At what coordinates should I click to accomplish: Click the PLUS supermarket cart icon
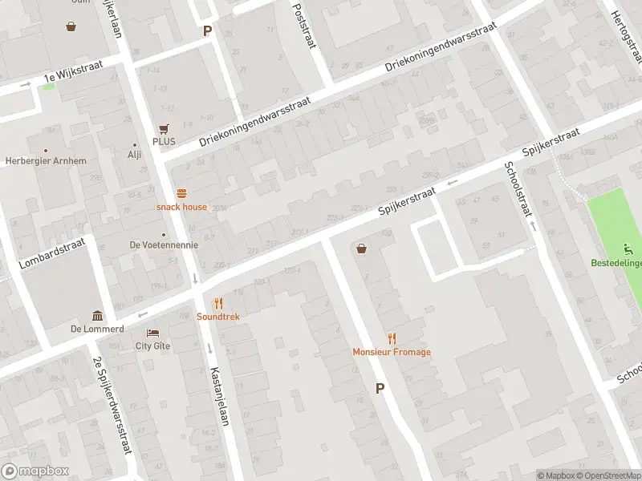pos(165,128)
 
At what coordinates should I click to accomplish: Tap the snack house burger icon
pos(181,193)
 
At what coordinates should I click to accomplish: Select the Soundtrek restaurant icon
pos(217,303)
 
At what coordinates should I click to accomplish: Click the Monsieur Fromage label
pos(392,352)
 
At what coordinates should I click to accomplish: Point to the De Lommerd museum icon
pos(97,315)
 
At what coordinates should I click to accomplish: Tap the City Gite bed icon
pos(152,333)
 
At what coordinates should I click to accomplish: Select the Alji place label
pos(134,156)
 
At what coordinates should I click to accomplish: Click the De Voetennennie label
pos(164,245)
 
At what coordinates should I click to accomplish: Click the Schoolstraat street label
pos(518,191)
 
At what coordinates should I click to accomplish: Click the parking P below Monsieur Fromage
pos(380,388)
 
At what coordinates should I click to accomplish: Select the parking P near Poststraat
pos(207,31)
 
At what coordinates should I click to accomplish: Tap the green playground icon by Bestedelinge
pos(628,249)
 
